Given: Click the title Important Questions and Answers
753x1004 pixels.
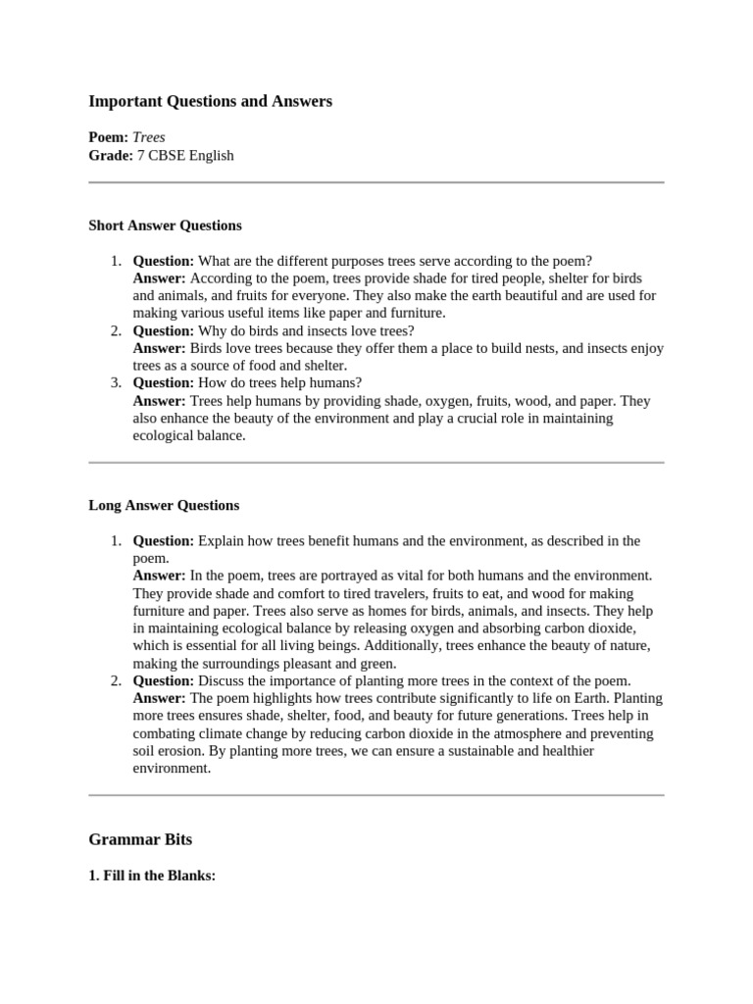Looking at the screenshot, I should [210, 101].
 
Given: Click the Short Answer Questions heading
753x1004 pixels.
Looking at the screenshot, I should [165, 226].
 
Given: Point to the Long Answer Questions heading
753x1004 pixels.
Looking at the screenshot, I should [164, 506].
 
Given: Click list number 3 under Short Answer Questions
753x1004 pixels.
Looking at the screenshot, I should [115, 383].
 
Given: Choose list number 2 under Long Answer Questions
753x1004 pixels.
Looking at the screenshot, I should [115, 680].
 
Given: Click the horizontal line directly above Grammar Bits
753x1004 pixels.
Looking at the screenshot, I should [376, 795].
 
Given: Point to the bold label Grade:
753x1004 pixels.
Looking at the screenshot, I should [110, 155].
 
